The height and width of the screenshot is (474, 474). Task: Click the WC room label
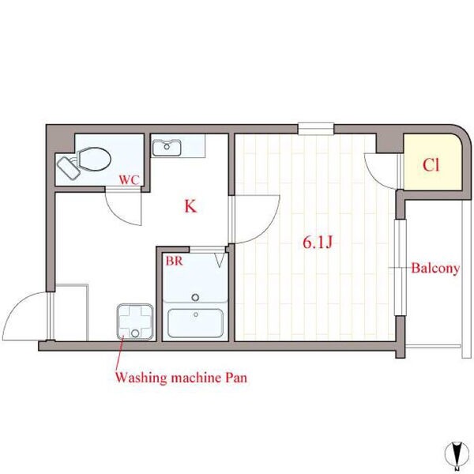tap(129, 179)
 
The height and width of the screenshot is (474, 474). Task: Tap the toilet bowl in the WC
tap(94, 159)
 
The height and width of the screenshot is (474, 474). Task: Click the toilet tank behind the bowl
tap(69, 168)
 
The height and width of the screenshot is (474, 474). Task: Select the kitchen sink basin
tap(167, 148)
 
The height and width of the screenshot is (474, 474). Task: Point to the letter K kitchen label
tap(190, 206)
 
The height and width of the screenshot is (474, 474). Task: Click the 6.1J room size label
tap(318, 243)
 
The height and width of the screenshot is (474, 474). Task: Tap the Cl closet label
tap(431, 165)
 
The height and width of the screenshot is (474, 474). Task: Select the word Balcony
tap(435, 268)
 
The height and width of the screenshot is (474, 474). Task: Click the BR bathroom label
tap(174, 261)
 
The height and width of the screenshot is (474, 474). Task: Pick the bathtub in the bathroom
tap(196, 323)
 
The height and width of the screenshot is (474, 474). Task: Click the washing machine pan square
tap(135, 322)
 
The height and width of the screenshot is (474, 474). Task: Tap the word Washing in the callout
tap(141, 378)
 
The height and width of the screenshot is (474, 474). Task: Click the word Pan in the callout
tap(237, 378)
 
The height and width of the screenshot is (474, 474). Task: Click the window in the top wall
tap(316, 129)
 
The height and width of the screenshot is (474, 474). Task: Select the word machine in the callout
tap(196, 378)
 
